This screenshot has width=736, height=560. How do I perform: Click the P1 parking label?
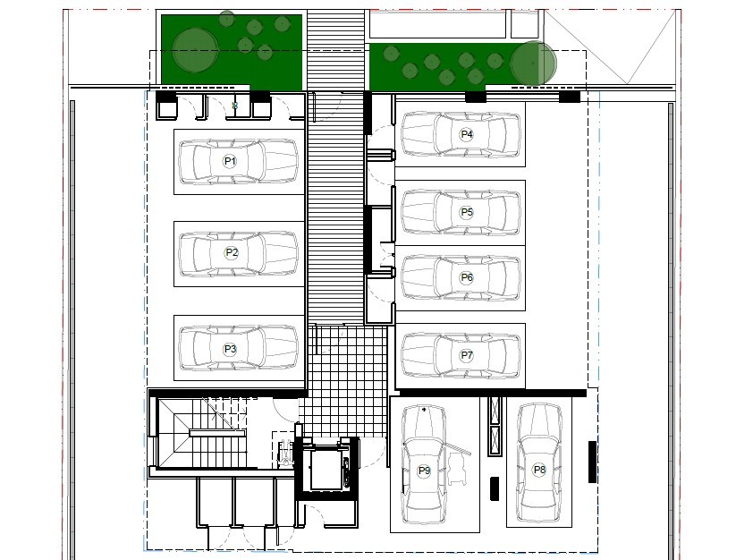pos(230,161)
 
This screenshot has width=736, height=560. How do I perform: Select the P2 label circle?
pos(232,252)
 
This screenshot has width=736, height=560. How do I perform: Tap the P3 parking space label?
pos(230,349)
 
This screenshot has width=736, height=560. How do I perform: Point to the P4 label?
pos(466,134)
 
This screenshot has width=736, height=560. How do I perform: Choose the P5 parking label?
pos(466,212)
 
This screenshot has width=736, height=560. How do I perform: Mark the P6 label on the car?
pos(466,278)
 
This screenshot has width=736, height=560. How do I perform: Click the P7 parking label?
pos(466,355)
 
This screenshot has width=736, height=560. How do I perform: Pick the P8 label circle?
pos(539,470)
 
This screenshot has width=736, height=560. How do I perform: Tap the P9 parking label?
pos(424,471)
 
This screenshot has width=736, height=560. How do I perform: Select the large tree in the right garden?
pos(533,64)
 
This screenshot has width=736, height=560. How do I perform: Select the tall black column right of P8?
pos(591,462)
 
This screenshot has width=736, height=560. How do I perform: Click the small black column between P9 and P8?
pos(494,488)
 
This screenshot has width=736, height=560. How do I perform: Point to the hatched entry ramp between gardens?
pos(336,49)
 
